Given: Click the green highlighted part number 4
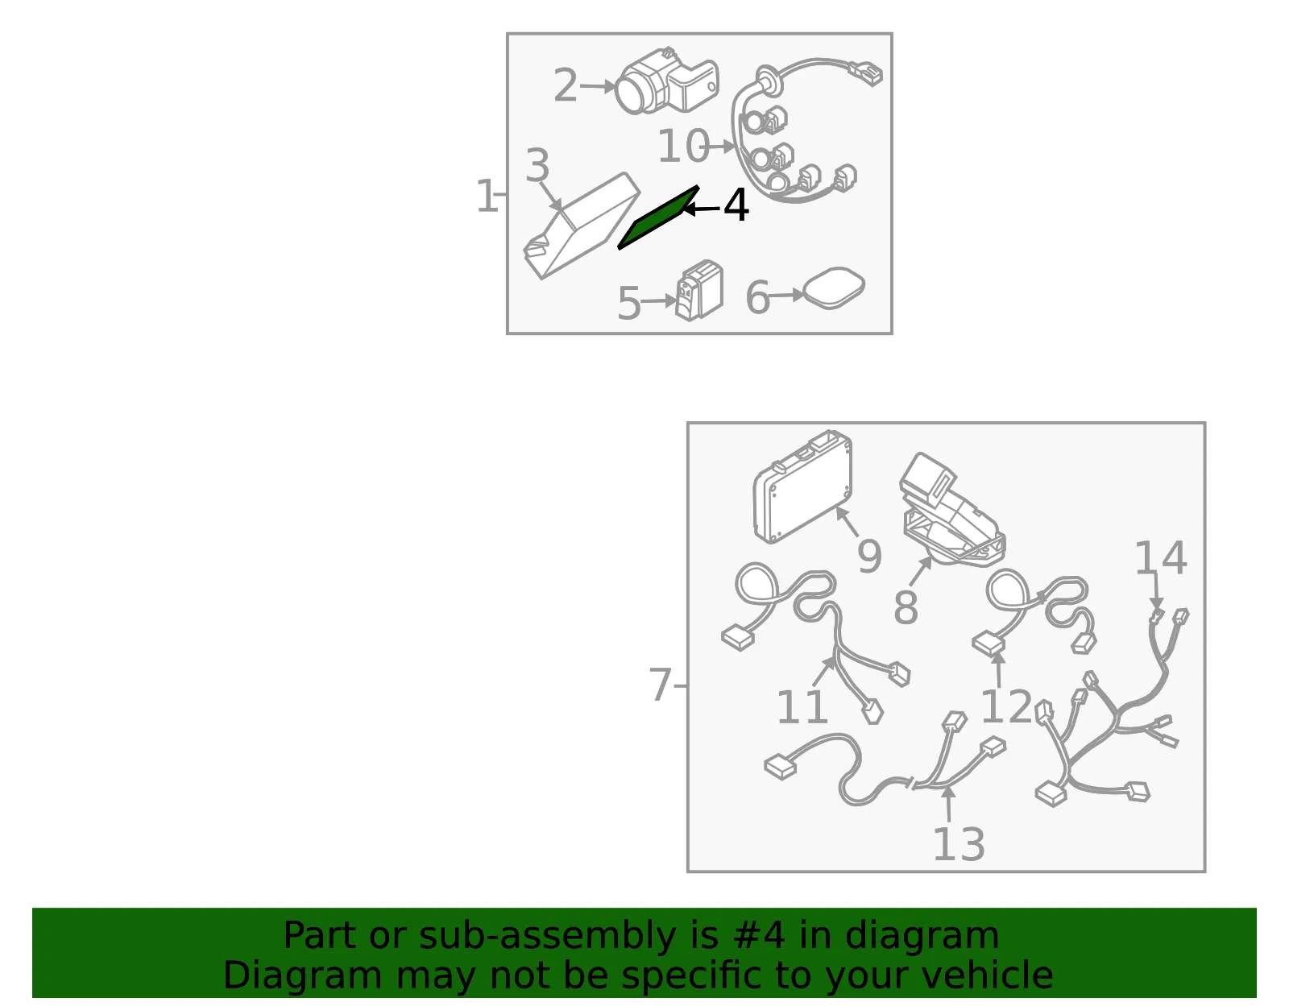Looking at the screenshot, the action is (657, 218).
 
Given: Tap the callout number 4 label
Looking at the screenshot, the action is (736, 205).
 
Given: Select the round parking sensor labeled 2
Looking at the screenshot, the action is (665, 82).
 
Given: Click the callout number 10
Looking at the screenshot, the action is (683, 145).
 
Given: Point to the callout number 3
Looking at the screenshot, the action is (537, 165).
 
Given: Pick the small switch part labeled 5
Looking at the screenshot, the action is (699, 291).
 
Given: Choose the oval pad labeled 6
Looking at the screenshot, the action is (834, 288).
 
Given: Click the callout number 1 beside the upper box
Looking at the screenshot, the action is (487, 196).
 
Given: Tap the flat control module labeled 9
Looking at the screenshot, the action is (802, 486).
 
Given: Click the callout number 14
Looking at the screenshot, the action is (1161, 558).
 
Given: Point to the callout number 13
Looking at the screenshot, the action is (959, 844).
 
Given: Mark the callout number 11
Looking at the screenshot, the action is (802, 706).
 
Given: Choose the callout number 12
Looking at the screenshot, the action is (1007, 706).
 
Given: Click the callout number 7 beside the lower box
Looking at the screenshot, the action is (661, 685).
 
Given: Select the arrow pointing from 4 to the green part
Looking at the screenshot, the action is (702, 209).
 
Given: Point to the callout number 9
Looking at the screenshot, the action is (869, 557).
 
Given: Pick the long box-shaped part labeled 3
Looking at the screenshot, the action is (582, 226).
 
